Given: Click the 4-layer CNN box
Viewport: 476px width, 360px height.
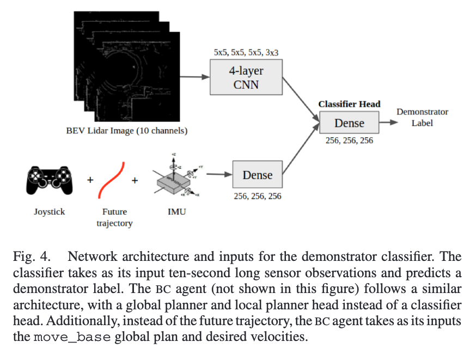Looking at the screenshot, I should pyautogui.click(x=246, y=78).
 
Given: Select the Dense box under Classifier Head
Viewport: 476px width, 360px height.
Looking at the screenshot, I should pyautogui.click(x=349, y=123).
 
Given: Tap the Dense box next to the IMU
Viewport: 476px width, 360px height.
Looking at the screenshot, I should pyautogui.click(x=257, y=175).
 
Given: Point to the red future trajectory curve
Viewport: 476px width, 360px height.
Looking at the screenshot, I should pyautogui.click(x=112, y=180).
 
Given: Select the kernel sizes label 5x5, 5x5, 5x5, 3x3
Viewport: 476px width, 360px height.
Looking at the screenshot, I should pyautogui.click(x=245, y=53).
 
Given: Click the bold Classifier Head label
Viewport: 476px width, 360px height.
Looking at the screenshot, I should pyautogui.click(x=349, y=104).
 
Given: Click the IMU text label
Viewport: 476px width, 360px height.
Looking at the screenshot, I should pyautogui.click(x=176, y=211).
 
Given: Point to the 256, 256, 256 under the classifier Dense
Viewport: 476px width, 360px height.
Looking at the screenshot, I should pyautogui.click(x=349, y=141).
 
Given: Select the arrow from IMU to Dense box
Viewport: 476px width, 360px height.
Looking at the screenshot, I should pyautogui.click(x=218, y=175).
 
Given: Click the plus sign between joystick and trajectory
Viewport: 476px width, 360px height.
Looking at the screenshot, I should pyautogui.click(x=90, y=180).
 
